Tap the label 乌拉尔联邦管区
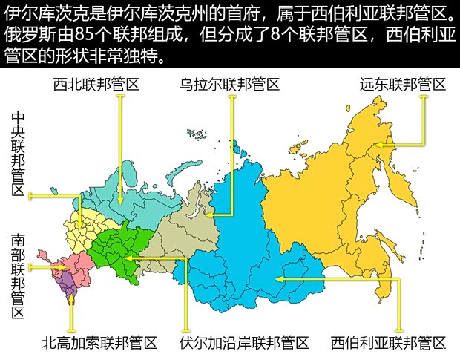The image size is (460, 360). tap(229, 84)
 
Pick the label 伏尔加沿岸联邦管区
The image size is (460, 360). tap(244, 343)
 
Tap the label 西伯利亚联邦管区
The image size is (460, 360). tap(389, 343)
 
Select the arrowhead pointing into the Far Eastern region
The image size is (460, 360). tap(378, 145)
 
